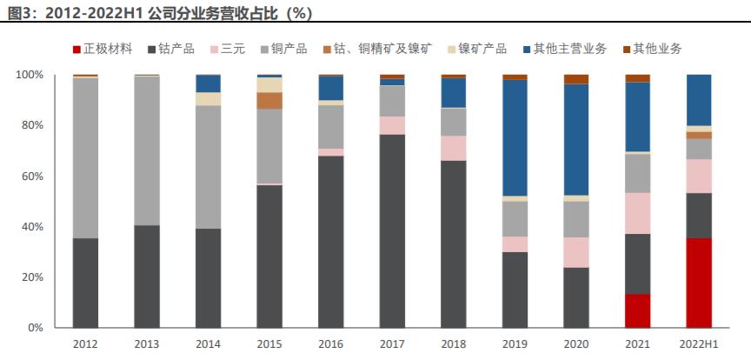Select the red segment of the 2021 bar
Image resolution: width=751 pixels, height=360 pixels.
[x=637, y=310]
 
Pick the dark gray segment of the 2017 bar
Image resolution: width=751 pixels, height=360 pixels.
[x=392, y=230]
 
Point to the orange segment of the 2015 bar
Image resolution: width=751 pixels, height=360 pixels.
[x=269, y=100]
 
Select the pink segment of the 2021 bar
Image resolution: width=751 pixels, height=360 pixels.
[x=637, y=212]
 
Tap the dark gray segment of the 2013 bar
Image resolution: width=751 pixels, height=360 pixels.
[x=146, y=277]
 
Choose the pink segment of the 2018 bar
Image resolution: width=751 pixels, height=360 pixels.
[x=453, y=148]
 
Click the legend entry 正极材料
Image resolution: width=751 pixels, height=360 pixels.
[x=102, y=49]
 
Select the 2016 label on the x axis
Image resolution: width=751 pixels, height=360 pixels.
[x=330, y=343]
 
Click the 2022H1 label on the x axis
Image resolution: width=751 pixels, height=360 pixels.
[x=699, y=343]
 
